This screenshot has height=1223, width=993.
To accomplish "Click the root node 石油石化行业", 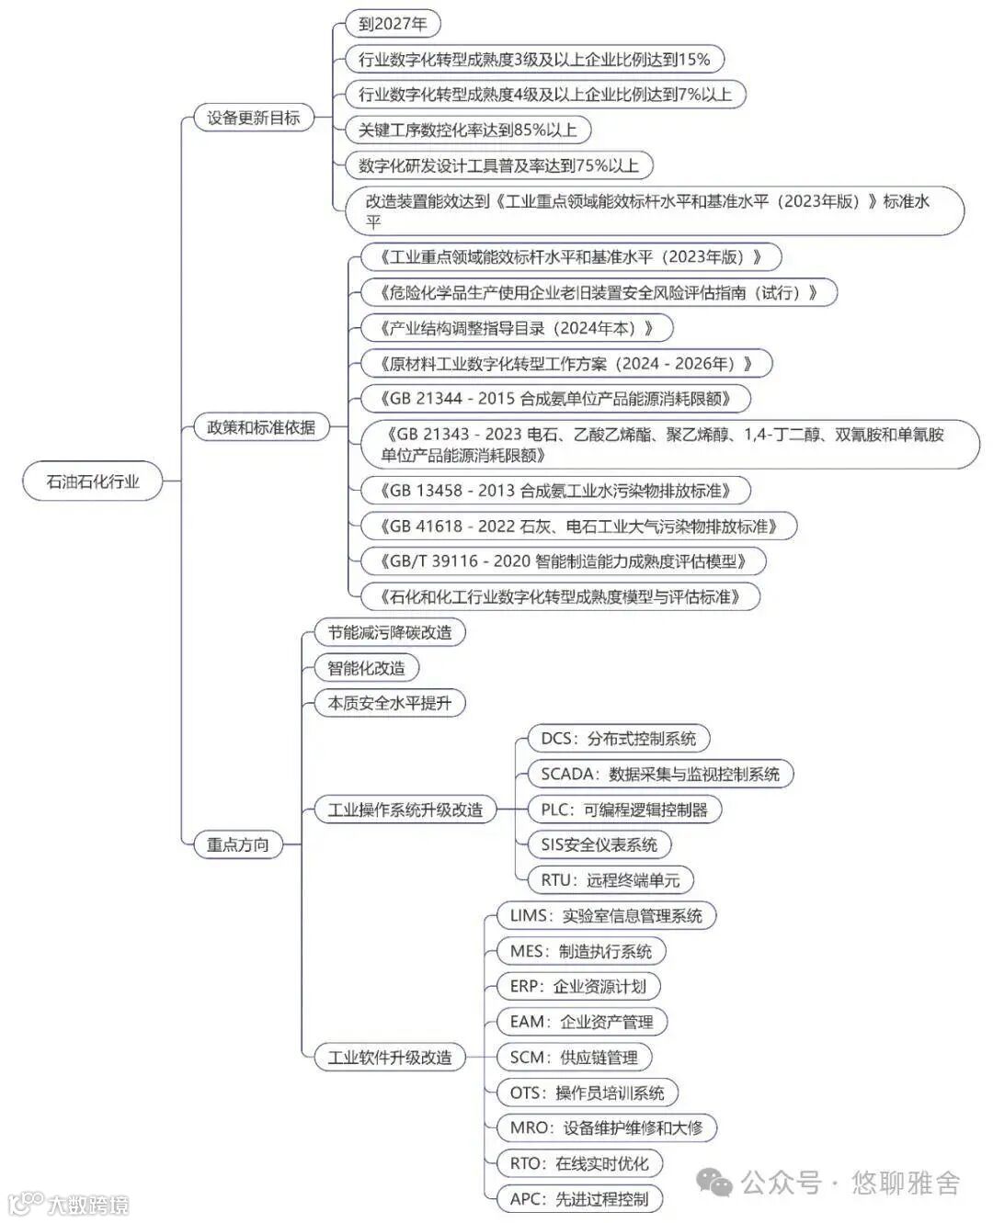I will (x=92, y=481).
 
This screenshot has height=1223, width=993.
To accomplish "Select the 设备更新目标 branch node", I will (x=253, y=118).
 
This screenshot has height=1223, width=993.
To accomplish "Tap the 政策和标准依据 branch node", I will (x=261, y=427).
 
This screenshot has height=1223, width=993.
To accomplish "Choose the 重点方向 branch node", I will (x=237, y=844).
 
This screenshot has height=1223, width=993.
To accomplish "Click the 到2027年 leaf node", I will (x=393, y=24).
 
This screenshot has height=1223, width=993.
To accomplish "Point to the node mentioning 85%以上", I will (x=467, y=130).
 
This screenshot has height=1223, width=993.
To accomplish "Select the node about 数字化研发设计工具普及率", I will (x=497, y=165).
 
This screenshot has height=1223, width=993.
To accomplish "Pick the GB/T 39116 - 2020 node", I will (x=562, y=561).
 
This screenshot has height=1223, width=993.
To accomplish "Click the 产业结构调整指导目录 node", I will (x=516, y=328).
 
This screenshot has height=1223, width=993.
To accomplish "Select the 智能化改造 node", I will (x=366, y=668).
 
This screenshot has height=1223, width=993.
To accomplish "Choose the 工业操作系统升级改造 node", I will (x=405, y=810).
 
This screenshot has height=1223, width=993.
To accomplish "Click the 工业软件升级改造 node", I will (x=389, y=1058).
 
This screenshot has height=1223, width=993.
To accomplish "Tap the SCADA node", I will (x=659, y=775).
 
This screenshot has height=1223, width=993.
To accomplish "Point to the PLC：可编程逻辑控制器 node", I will (x=623, y=810).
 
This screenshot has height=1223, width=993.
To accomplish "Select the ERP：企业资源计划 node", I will (x=577, y=987).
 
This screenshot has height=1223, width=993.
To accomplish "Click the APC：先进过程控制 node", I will (x=578, y=1199).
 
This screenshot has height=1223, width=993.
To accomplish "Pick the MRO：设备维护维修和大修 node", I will (x=605, y=1128).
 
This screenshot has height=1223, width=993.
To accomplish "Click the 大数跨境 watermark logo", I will (x=69, y=1204).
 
